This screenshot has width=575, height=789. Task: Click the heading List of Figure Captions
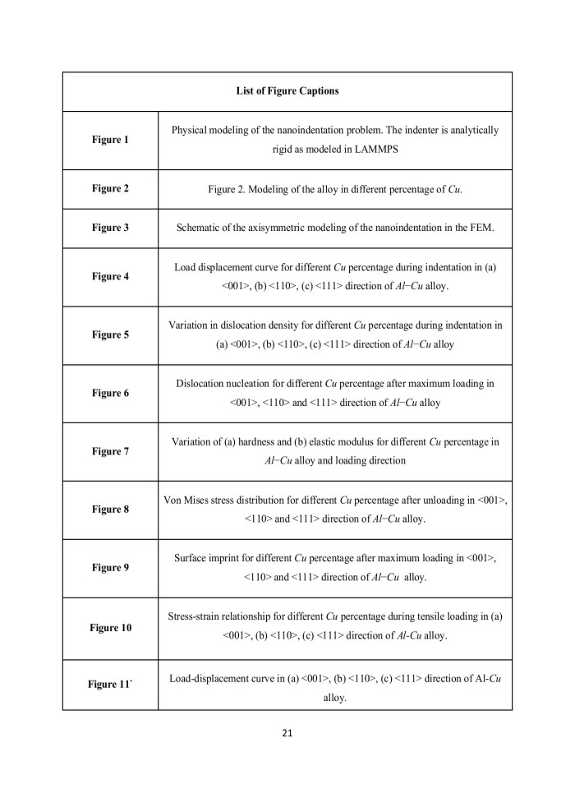(287, 91)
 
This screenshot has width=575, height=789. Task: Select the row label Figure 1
(110, 140)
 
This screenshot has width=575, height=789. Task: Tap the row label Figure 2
(110, 188)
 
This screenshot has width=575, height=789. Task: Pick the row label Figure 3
(110, 228)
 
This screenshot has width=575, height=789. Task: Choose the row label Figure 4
(110, 276)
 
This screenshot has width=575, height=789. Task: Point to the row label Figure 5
(110, 335)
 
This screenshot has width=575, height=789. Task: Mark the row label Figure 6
(110, 393)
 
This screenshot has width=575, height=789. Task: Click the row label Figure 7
(110, 451)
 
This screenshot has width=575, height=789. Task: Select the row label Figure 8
(110, 510)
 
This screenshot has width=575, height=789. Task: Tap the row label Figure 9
(110, 568)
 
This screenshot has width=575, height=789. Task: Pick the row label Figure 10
(110, 628)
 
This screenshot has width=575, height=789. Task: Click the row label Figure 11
(110, 685)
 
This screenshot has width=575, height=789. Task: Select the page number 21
(287, 733)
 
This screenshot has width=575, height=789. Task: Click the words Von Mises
(187, 501)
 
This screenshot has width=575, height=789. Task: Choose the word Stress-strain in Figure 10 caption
(195, 616)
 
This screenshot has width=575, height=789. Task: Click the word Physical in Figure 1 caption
(190, 131)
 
